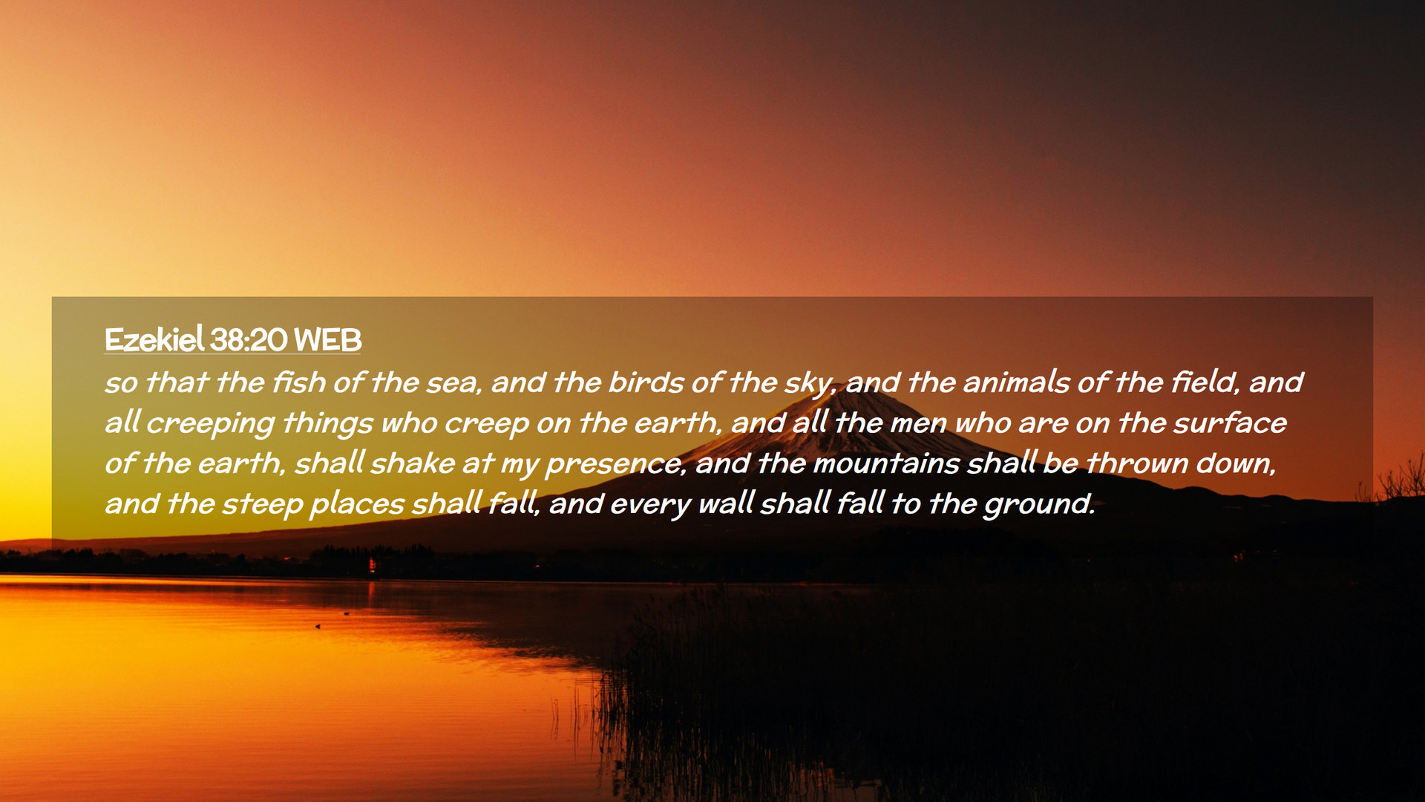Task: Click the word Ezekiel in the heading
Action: (154, 339)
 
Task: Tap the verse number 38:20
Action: (248, 340)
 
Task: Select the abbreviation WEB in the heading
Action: (327, 340)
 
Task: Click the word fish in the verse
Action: (299, 382)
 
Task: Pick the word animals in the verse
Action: (1016, 382)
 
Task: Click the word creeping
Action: (210, 423)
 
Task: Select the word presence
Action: (615, 464)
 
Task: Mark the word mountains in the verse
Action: (887, 463)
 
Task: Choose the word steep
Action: (263, 505)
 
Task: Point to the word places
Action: (357, 505)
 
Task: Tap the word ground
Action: (1039, 505)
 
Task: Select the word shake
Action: (413, 463)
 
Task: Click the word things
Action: (327, 423)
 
